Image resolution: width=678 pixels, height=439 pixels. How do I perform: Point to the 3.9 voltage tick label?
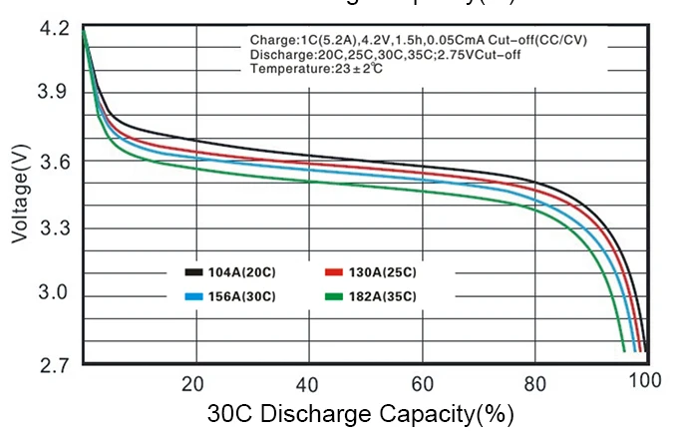[x=56, y=94]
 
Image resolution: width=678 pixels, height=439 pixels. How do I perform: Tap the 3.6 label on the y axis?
[x=56, y=162]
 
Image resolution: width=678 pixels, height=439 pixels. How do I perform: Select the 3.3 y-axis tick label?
[x=56, y=228]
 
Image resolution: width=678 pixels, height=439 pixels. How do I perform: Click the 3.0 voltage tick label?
[x=56, y=294]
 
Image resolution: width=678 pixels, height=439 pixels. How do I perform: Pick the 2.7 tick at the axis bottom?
[x=56, y=364]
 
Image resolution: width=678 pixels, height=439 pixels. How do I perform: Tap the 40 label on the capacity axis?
[x=307, y=384]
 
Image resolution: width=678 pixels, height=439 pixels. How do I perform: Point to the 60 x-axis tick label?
[x=422, y=384]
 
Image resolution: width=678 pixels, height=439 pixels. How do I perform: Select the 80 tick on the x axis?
[x=535, y=384]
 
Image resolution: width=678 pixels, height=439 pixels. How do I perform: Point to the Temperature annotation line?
[x=316, y=68]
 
